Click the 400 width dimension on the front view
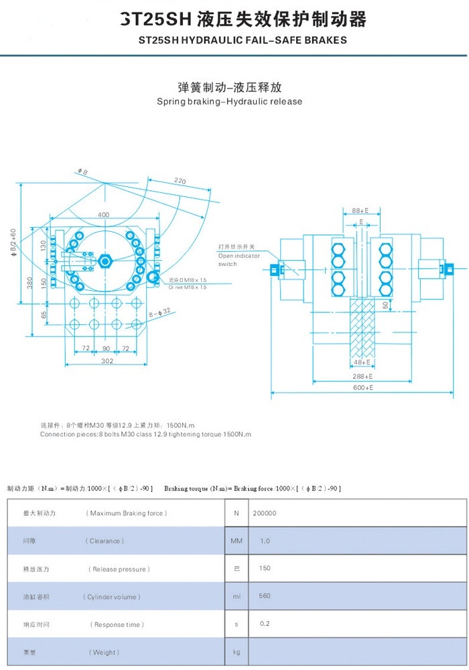pos(103,214)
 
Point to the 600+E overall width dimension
pos(362,388)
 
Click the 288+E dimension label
pos(362,378)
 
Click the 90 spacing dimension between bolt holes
pos(106,349)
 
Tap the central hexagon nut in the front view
pos(105,260)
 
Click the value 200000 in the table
pos(265,513)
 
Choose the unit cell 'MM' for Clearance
pos(236,541)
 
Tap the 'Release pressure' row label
pos(119,569)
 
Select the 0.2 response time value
pos(265,624)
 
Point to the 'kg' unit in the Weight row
pos(236,652)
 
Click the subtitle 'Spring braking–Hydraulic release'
pos(229,102)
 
